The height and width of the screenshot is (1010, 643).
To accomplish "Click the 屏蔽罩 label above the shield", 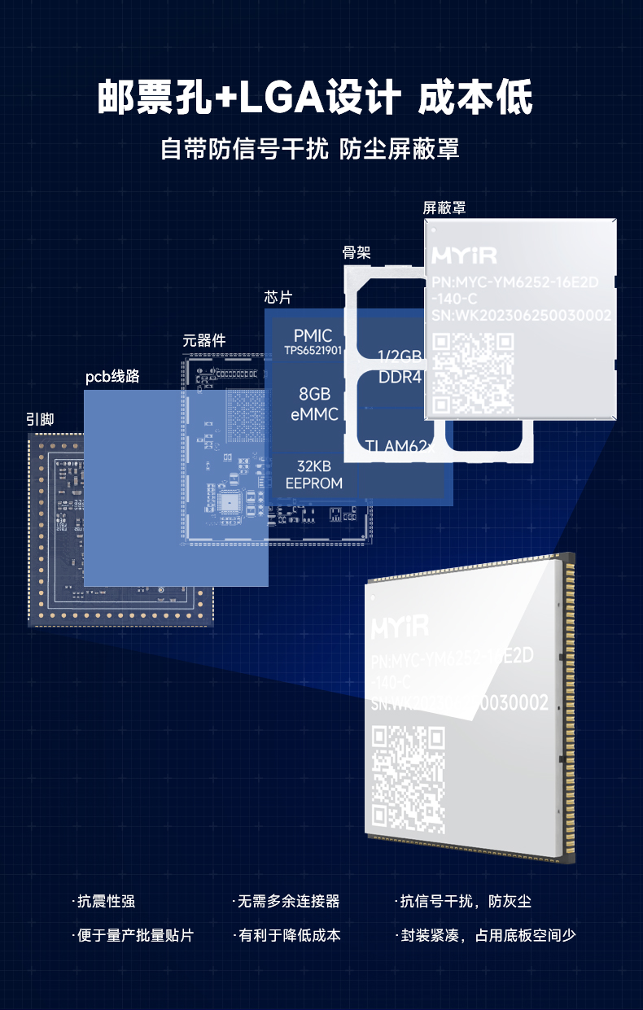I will [444, 208].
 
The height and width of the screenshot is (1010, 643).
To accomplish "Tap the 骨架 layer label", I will [356, 253].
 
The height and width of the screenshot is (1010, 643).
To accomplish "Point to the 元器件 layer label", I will [203, 340].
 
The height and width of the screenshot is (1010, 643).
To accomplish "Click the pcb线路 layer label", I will [112, 377].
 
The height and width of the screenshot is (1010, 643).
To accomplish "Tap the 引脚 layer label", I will [40, 419].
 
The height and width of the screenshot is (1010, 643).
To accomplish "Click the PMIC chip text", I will [313, 336].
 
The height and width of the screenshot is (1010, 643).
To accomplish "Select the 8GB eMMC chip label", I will [313, 404].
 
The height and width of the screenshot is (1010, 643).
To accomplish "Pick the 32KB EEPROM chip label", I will [313, 474].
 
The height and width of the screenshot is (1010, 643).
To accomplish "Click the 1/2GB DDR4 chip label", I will [400, 367].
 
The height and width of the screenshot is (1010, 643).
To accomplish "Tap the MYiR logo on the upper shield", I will [464, 256].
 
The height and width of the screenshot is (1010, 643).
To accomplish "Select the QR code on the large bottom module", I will [409, 779].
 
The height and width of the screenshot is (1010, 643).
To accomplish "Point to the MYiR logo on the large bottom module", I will [400, 627].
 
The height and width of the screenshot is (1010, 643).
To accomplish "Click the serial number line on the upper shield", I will [521, 316].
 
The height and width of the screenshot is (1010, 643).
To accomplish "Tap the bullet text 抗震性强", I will [106, 901].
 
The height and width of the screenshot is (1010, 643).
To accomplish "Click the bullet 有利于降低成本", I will [289, 935].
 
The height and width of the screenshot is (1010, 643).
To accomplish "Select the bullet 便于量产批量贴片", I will [135, 935].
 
